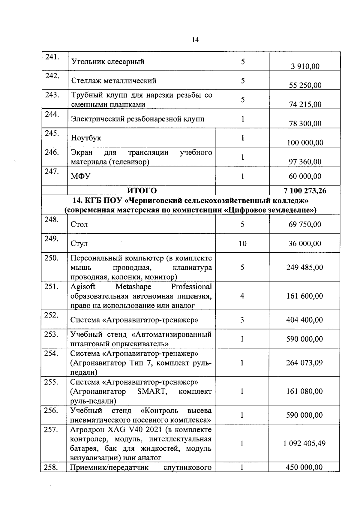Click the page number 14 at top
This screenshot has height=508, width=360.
pos(195,40)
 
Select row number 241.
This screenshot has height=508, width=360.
pos(52,57)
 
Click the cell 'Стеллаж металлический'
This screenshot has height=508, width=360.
pos(114,80)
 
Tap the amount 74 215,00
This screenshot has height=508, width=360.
pos(305,104)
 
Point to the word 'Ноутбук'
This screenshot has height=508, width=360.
pos(86,138)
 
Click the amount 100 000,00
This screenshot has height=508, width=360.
pos(305,143)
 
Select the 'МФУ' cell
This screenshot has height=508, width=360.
pos(80,176)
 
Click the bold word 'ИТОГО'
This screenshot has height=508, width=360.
pos(142,191)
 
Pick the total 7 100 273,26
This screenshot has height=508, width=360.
pos(305,191)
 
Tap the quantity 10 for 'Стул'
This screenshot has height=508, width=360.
pos(242,243)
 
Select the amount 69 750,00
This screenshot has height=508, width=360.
pos(305,224)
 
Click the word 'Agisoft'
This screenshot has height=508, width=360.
pos(83,287)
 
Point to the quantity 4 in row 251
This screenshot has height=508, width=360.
pos(242,296)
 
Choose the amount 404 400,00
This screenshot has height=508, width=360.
pos(304,320)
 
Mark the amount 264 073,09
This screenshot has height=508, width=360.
pos(304,363)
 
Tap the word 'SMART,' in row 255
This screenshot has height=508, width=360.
pos(152,392)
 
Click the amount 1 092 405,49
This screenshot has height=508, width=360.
pos(304,443)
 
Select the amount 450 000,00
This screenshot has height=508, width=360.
pos(304,467)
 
